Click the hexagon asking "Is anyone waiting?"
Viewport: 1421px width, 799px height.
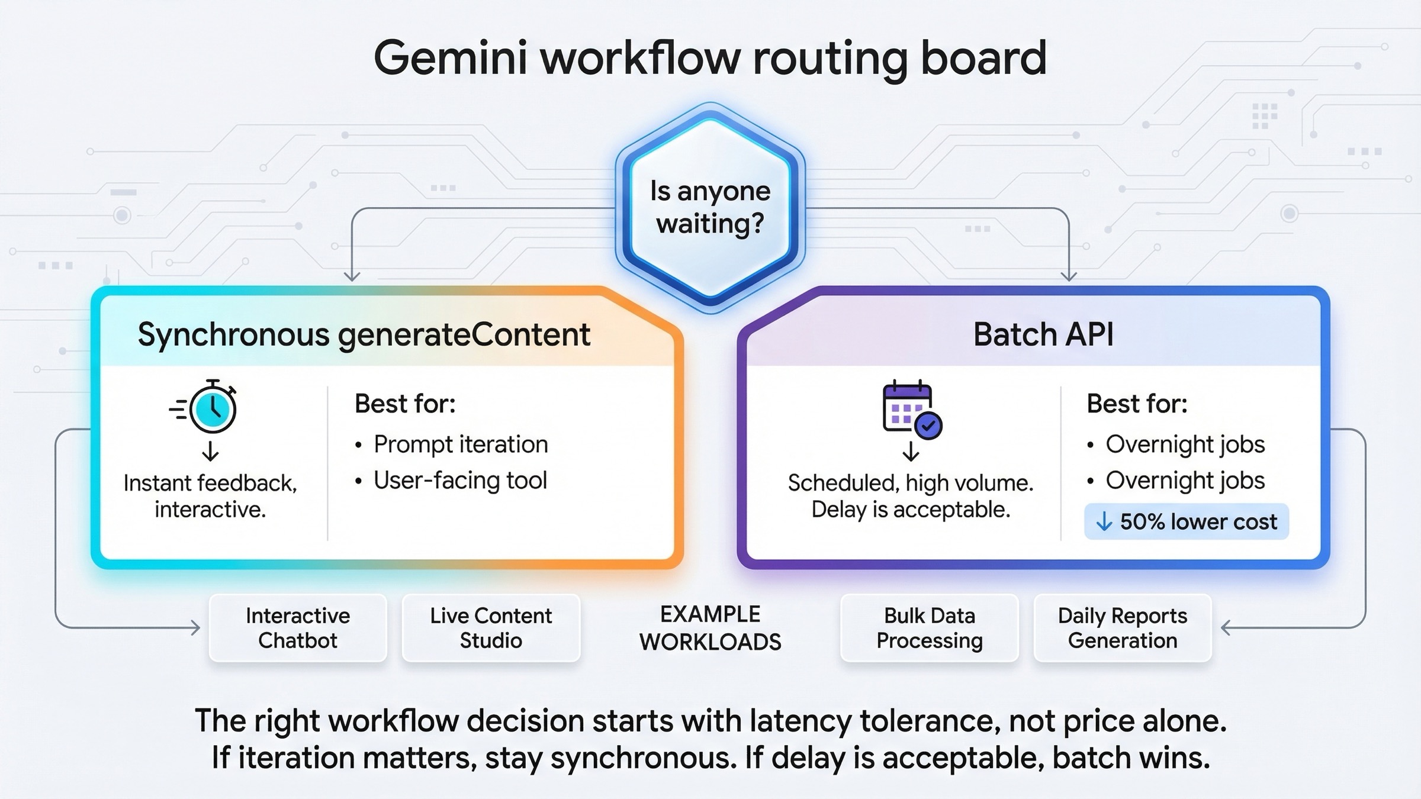[x=710, y=207]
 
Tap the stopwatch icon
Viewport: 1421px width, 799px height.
[x=212, y=407]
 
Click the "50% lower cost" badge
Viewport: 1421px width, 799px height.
[x=1186, y=521]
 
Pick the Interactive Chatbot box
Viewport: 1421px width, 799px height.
[x=298, y=628]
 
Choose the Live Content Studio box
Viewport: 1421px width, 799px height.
[x=491, y=628]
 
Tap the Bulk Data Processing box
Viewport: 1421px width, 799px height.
[x=930, y=628]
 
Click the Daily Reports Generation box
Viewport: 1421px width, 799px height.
[x=1123, y=628]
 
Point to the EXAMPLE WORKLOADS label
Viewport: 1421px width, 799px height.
[x=710, y=628]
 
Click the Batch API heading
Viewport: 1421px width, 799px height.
[x=1043, y=334]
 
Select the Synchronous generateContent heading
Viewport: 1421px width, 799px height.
[x=364, y=335]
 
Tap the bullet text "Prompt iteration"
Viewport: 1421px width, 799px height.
[x=461, y=444]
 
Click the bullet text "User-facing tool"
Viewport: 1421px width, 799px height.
[x=460, y=481]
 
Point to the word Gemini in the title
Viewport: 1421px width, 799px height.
[x=450, y=58]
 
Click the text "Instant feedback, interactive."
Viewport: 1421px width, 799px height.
[x=210, y=496]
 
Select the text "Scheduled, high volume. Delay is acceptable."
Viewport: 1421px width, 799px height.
[x=911, y=496]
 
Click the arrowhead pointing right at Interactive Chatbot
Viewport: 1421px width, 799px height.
[x=195, y=627]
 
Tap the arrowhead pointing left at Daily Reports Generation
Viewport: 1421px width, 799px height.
[x=1226, y=627]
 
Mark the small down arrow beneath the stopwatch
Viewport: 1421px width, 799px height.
[x=210, y=452]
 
